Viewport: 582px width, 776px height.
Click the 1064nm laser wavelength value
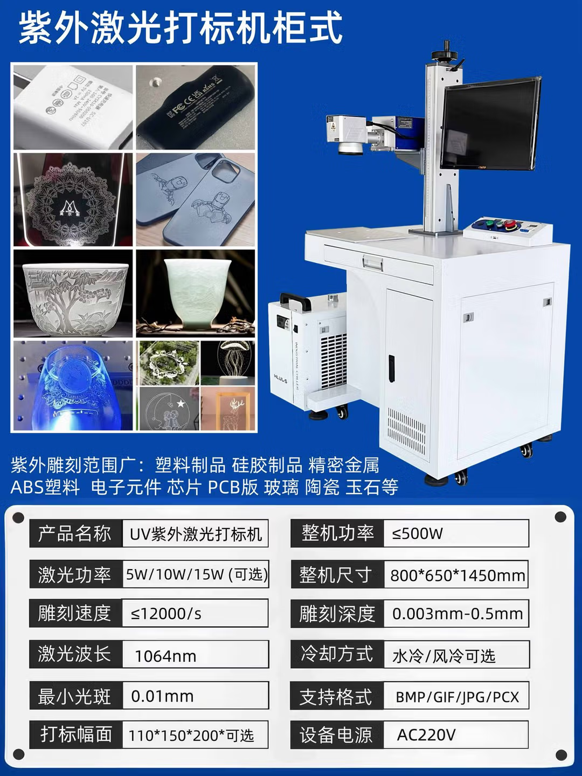click(165, 656)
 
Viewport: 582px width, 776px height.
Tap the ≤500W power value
click(417, 534)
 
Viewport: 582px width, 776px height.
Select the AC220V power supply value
click(426, 735)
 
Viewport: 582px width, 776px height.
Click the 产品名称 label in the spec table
click(75, 534)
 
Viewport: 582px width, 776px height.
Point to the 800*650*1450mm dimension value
click(457, 575)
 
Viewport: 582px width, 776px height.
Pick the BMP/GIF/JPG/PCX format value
click(457, 697)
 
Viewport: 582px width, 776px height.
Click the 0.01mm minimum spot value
click(162, 696)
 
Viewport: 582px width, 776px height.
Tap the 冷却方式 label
click(337, 654)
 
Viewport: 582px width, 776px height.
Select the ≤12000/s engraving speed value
click(166, 614)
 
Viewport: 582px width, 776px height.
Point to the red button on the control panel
click(509, 224)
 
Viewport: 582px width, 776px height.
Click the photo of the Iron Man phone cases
click(195, 199)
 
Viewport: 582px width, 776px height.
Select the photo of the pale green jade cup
click(195, 293)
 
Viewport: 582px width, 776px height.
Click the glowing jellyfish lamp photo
click(227, 362)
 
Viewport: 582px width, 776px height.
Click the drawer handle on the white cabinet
click(373, 264)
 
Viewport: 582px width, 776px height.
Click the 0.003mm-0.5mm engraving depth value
click(457, 614)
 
